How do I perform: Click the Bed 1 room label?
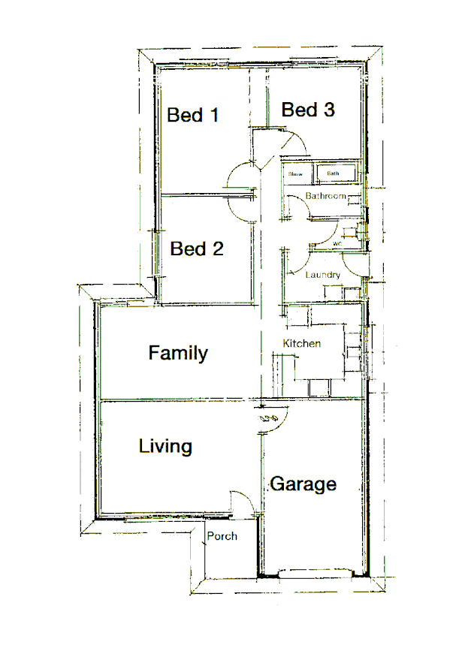[x=193, y=115]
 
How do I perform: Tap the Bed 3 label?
[x=308, y=110]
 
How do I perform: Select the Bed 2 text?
[x=197, y=249]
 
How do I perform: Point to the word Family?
[x=178, y=353]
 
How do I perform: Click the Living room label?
[x=165, y=447]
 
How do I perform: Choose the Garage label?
[x=303, y=484]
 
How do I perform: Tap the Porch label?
[x=222, y=536]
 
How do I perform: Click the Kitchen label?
[x=302, y=344]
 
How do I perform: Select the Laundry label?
[x=322, y=275]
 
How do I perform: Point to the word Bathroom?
[x=325, y=196]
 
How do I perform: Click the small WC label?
[x=337, y=244]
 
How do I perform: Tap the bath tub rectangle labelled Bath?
[x=333, y=174]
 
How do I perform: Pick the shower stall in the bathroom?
[x=295, y=174]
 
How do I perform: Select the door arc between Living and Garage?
[x=271, y=422]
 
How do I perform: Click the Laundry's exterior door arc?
[x=353, y=265]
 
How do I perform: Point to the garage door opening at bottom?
[x=316, y=574]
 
